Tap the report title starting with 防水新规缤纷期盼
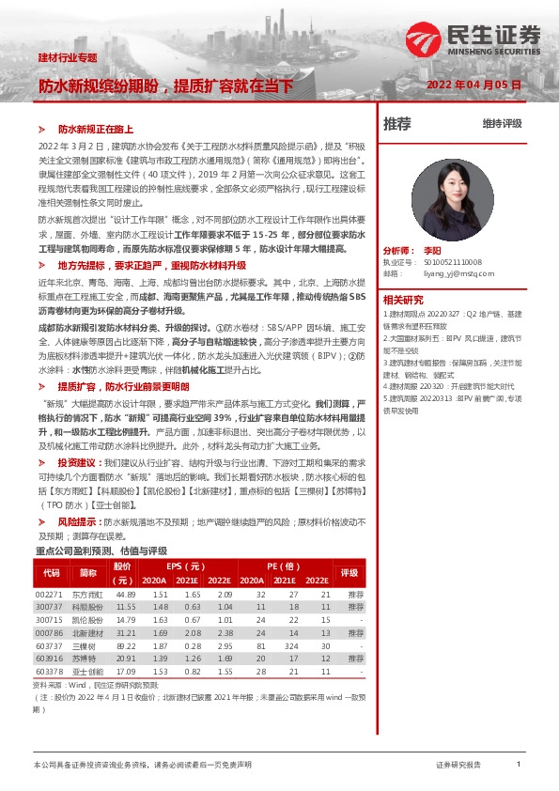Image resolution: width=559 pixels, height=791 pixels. click(x=165, y=85)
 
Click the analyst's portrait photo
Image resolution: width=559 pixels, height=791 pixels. click(x=453, y=197)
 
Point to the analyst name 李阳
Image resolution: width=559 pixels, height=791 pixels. click(x=457, y=252)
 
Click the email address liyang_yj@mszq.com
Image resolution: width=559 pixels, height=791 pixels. click(x=453, y=273)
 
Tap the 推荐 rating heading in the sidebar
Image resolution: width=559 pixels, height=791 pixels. click(x=397, y=123)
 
